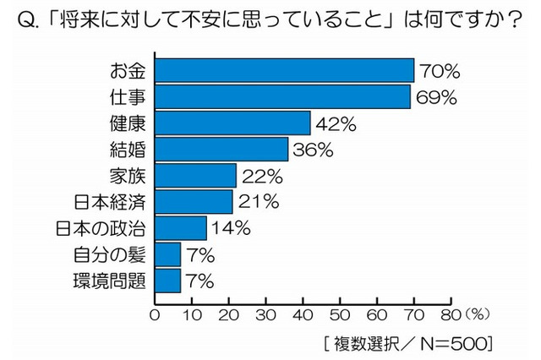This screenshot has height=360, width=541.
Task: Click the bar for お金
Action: tap(284, 70)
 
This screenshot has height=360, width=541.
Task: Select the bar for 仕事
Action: tap(282, 96)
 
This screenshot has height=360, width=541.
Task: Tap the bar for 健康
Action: tap(232, 123)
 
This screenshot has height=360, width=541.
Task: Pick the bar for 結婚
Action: tap(221, 150)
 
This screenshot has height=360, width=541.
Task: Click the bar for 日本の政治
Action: tap(180, 227)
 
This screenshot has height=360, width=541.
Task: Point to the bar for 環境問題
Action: tap(167, 280)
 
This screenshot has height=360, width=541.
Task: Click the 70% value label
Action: tap(438, 71)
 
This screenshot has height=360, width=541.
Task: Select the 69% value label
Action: tap(435, 97)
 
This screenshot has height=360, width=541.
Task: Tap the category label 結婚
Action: tap(128, 150)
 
